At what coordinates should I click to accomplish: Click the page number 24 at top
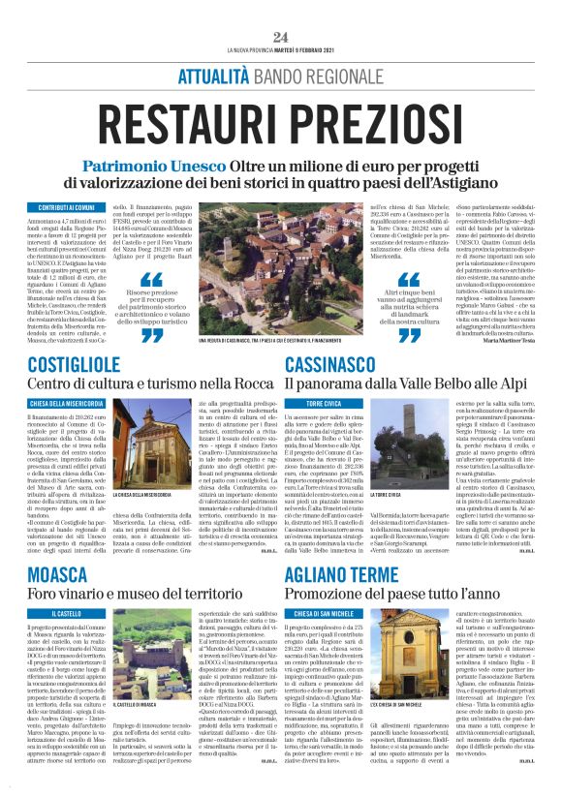281,37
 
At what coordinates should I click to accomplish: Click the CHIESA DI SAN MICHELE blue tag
321,613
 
